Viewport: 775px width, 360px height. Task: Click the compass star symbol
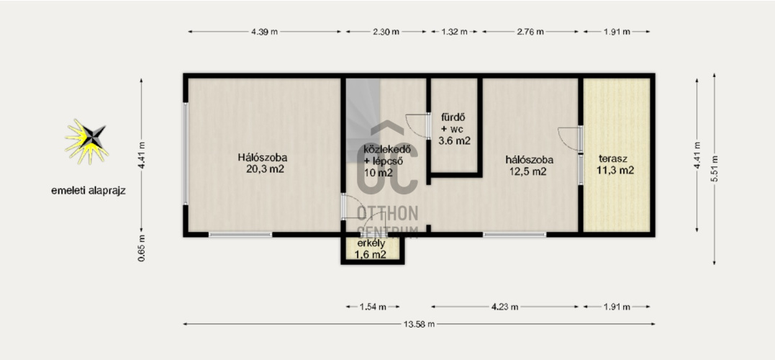[x=86, y=141]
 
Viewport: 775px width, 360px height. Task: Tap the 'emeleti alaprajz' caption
[x=88, y=191]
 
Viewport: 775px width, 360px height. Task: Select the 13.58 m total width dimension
[x=419, y=325]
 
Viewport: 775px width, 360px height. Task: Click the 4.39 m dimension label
[x=264, y=32]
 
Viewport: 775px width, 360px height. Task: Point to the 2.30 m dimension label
[x=386, y=32]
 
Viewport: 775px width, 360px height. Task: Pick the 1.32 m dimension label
[x=454, y=32]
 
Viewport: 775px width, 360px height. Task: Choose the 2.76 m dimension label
[x=530, y=32]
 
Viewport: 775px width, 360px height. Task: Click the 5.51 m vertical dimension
[x=715, y=168]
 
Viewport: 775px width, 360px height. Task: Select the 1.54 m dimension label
[x=373, y=307]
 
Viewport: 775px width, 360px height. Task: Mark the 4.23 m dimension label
[x=504, y=307]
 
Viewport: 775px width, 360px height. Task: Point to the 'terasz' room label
[x=613, y=158]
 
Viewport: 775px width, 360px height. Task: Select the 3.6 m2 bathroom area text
[x=454, y=140]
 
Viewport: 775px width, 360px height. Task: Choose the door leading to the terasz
[x=570, y=138]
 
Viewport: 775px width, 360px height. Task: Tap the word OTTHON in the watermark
[x=387, y=213]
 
